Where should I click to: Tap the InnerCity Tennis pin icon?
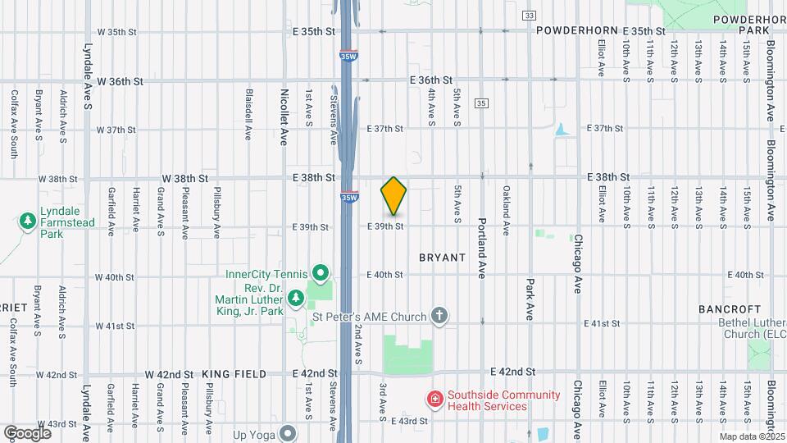pyautogui.click(x=321, y=273)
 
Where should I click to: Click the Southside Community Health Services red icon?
pyautogui.click(x=434, y=400)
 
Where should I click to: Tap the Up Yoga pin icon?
pyautogui.click(x=288, y=432)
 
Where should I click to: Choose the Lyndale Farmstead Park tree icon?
pyautogui.click(x=28, y=221)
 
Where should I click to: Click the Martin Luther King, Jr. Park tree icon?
pyautogui.click(x=295, y=295)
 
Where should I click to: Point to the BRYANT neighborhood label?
pyautogui.click(x=443, y=258)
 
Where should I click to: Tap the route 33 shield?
pyautogui.click(x=530, y=16)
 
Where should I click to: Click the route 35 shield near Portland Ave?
pyautogui.click(x=481, y=103)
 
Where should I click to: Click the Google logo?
pyautogui.click(x=27, y=432)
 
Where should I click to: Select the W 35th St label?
pyautogui.click(x=116, y=32)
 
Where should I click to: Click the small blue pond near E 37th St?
pyautogui.click(x=561, y=130)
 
